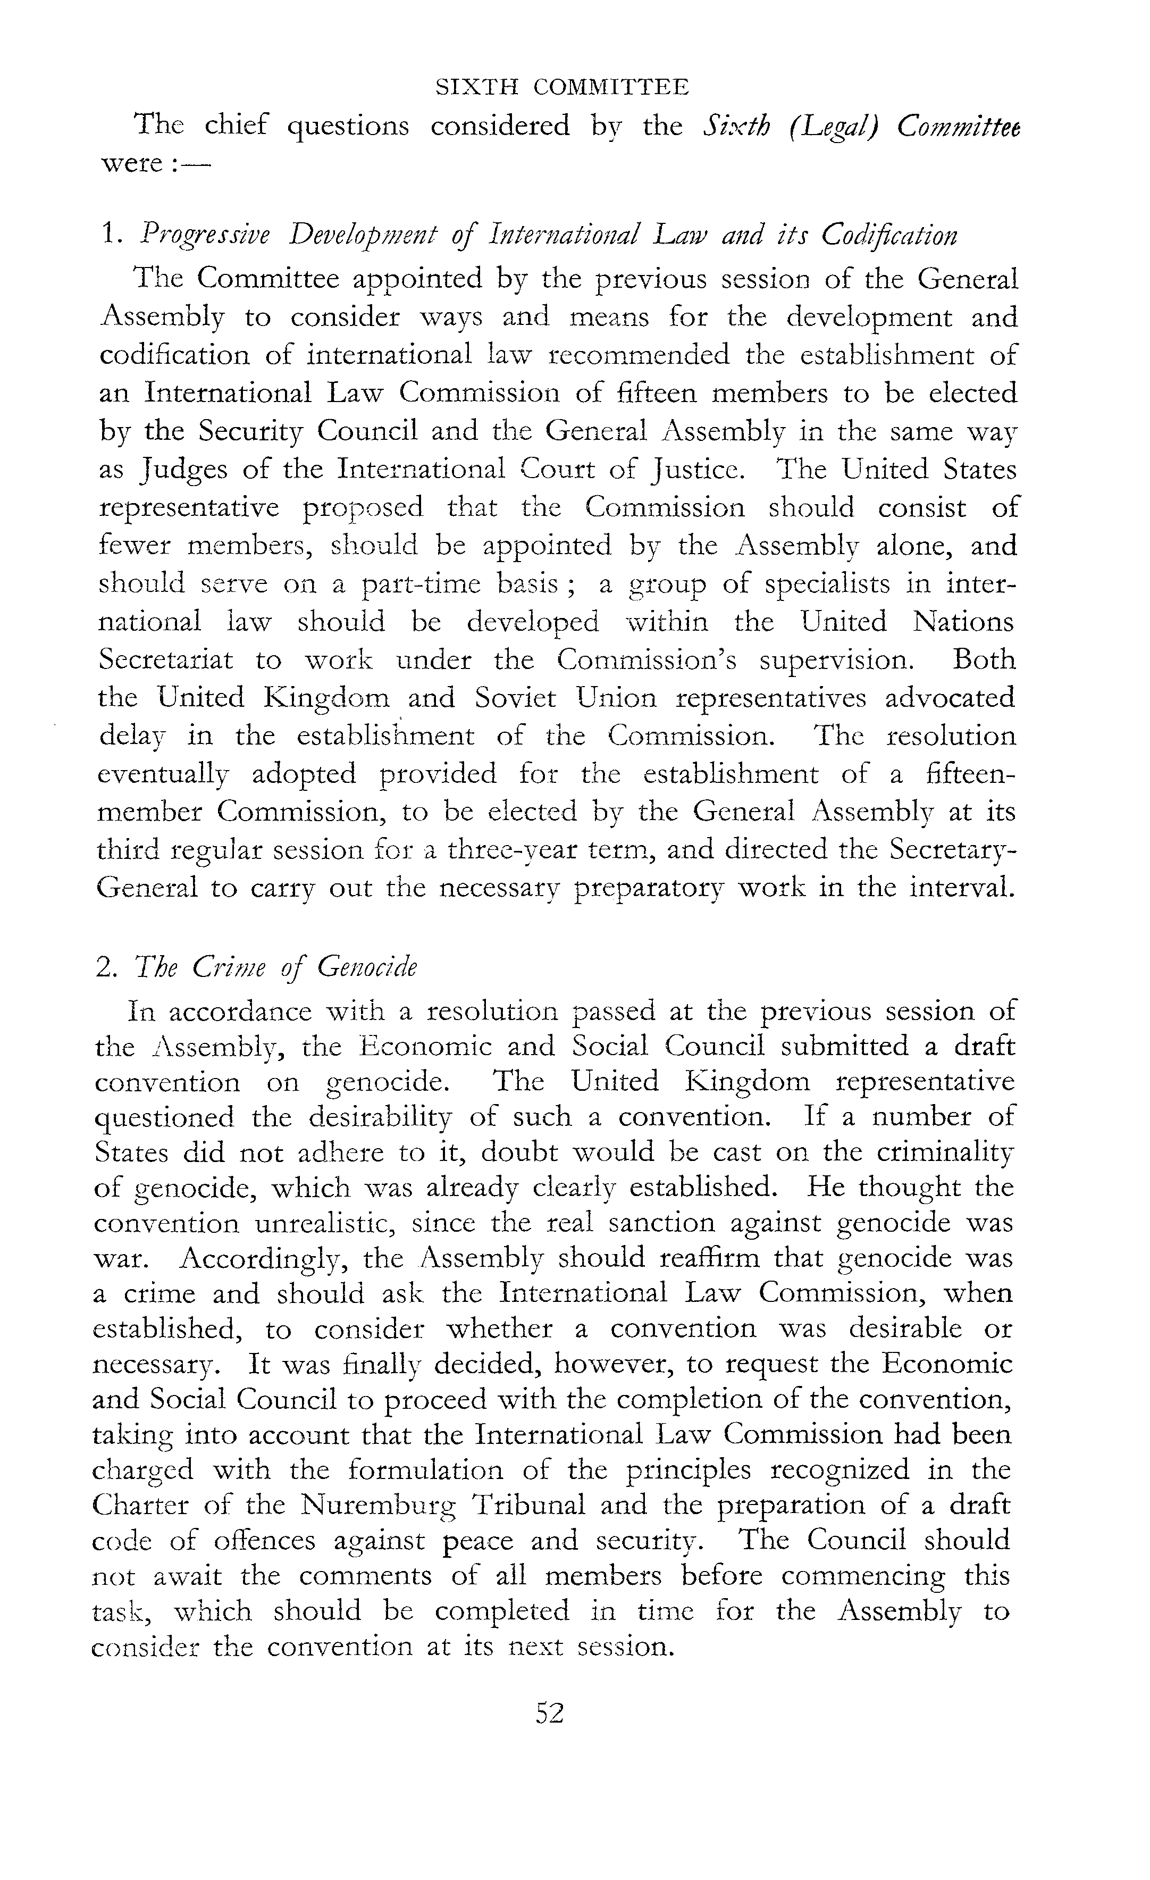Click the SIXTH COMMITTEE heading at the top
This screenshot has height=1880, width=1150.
click(x=562, y=88)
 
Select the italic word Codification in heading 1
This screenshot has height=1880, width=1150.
click(x=888, y=236)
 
